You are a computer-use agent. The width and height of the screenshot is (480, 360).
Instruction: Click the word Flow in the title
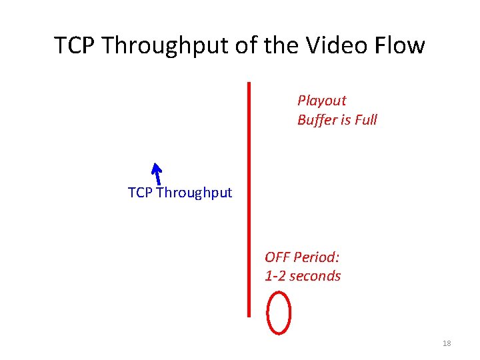click(x=400, y=46)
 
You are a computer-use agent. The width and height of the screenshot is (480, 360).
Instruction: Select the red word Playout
click(x=322, y=101)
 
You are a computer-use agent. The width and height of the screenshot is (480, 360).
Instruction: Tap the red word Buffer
click(x=317, y=120)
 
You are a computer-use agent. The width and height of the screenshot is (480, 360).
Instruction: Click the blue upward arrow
click(x=157, y=173)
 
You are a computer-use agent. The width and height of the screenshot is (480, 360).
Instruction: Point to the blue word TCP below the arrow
click(x=140, y=193)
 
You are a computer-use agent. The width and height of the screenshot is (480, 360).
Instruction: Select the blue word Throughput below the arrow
click(x=194, y=193)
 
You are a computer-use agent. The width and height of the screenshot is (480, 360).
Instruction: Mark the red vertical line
click(x=249, y=200)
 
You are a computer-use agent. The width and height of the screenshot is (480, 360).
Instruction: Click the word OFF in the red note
click(x=277, y=257)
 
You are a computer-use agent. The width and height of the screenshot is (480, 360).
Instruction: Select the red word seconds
click(x=315, y=276)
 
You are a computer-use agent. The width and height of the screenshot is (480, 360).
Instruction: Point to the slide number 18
click(x=447, y=343)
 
